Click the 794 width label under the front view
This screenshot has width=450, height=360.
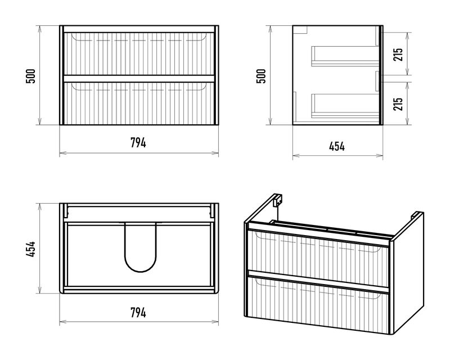pyautogui.click(x=138, y=143)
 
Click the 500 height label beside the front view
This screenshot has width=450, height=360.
pyautogui.click(x=31, y=76)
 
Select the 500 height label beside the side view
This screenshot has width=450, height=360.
pyautogui.click(x=261, y=76)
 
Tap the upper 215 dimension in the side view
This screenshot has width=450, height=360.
pyautogui.click(x=398, y=54)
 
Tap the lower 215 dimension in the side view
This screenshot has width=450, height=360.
pyautogui.click(x=398, y=104)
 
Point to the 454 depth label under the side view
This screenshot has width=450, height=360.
pyautogui.click(x=337, y=146)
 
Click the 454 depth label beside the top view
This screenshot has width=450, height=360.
pyautogui.click(x=31, y=249)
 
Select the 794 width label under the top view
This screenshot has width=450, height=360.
pyautogui.click(x=138, y=313)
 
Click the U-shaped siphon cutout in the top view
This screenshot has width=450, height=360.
pyautogui.click(x=141, y=271)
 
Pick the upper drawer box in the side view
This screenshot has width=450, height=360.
pyautogui.click(x=345, y=56)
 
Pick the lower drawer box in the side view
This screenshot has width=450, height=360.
pyautogui.click(x=345, y=106)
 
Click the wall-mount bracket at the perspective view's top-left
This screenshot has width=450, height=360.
pyautogui.click(x=277, y=200)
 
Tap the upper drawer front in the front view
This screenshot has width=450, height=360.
pyautogui.click(x=139, y=53)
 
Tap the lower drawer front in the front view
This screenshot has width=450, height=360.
pyautogui.click(x=139, y=103)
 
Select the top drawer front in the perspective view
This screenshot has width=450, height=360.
pyautogui.click(x=318, y=257)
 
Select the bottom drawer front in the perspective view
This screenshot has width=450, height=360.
pyautogui.click(x=318, y=305)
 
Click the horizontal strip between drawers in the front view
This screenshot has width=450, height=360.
pyautogui.click(x=139, y=79)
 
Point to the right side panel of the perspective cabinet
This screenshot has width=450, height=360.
pyautogui.click(x=409, y=273)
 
